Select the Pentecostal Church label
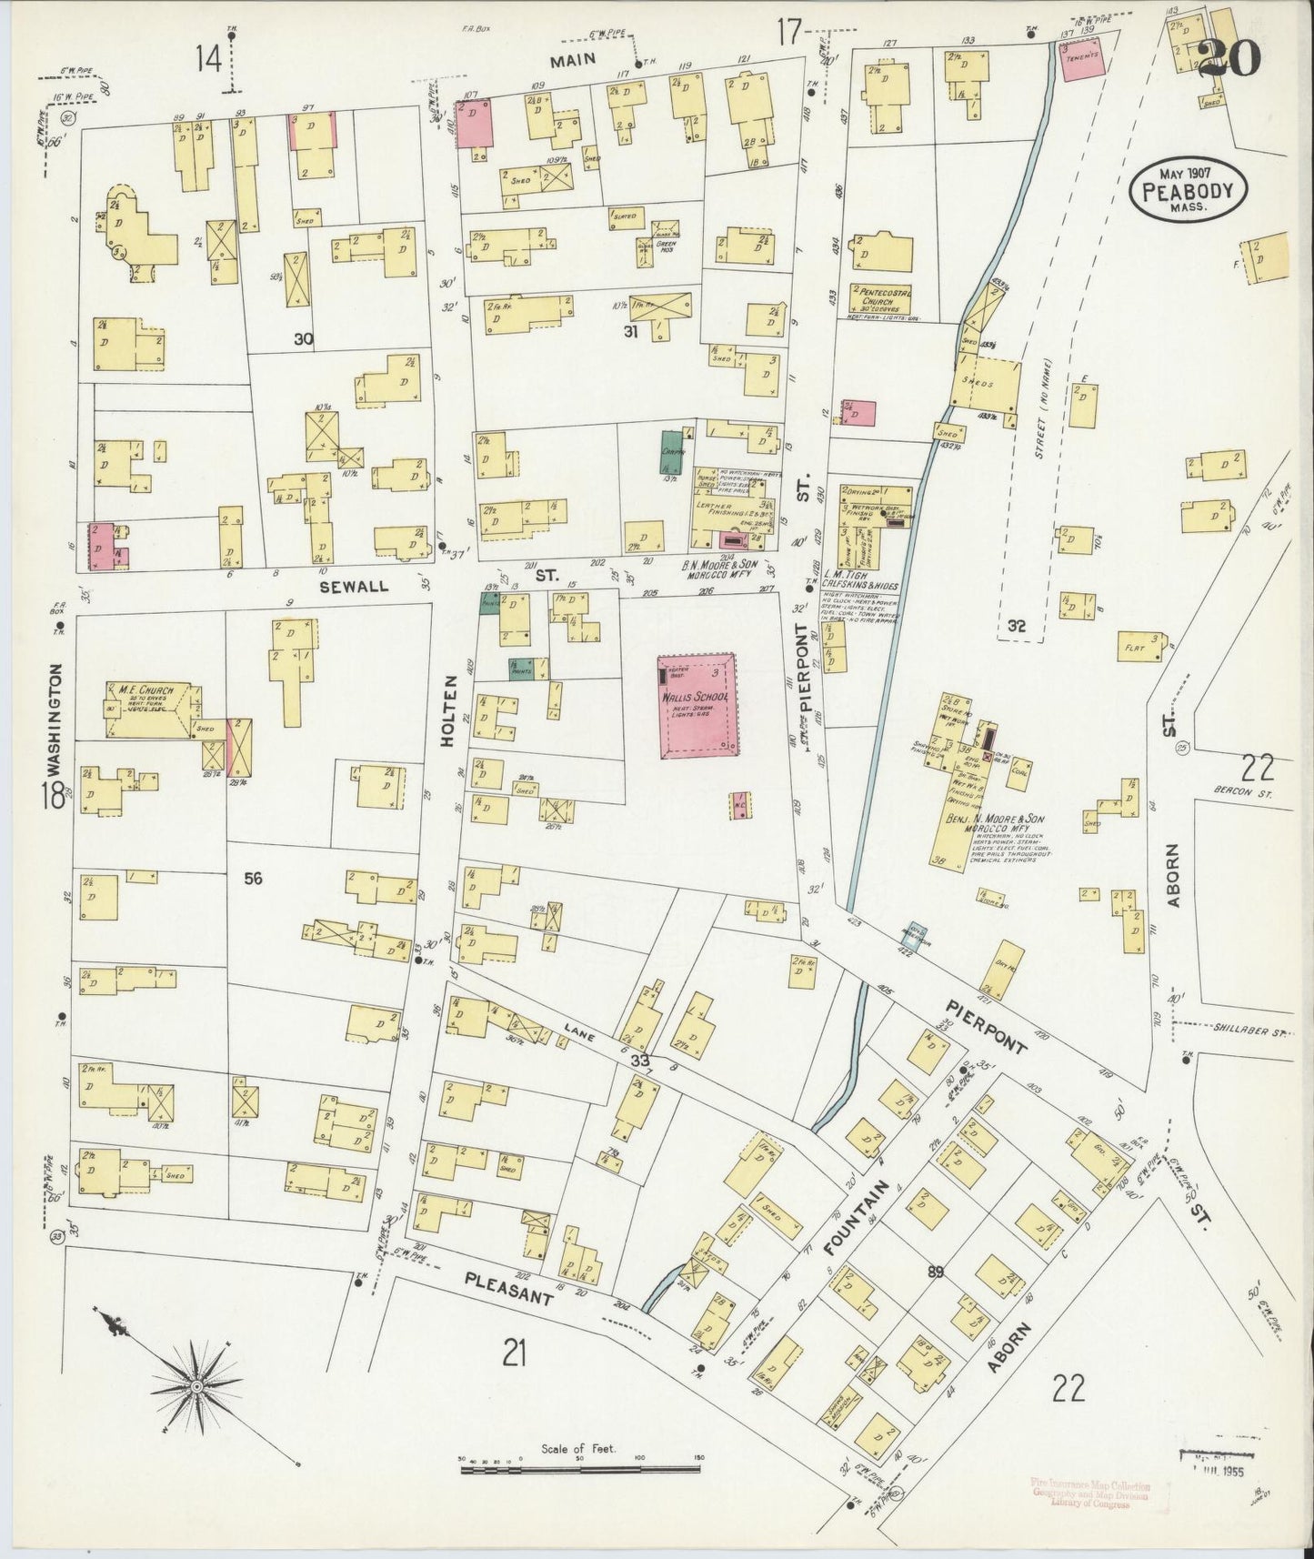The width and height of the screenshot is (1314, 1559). [881, 295]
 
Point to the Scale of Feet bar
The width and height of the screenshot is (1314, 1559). [582, 1466]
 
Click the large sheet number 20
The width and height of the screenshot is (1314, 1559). [1229, 58]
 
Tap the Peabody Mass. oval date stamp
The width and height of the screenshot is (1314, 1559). [1189, 190]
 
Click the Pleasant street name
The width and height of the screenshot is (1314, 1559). [508, 1289]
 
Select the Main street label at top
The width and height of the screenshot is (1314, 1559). [571, 59]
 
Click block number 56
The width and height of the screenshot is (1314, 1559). [253, 878]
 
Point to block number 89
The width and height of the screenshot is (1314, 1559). [936, 1272]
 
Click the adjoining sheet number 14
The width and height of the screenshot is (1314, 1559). [209, 60]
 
